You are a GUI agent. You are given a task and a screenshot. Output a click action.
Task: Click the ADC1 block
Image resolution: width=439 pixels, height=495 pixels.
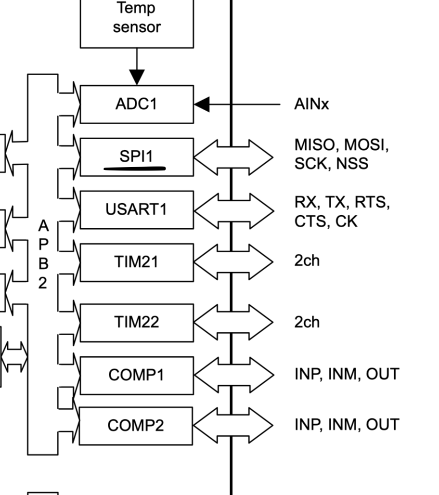[137, 104]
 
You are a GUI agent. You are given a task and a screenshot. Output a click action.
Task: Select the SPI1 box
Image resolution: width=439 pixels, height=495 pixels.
[137, 156]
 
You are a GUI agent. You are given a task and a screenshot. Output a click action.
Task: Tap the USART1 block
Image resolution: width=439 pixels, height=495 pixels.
[137, 209]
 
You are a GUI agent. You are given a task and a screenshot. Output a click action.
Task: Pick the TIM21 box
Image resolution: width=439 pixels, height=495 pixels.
[137, 262]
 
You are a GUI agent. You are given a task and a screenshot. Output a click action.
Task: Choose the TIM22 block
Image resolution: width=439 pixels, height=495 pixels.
[137, 323]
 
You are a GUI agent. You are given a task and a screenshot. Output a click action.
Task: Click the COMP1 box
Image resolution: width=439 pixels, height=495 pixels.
[137, 375]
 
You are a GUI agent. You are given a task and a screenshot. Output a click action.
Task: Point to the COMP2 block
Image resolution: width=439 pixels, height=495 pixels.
[137, 426]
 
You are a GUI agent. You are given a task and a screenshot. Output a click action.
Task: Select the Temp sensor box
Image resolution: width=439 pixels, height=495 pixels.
[137, 19]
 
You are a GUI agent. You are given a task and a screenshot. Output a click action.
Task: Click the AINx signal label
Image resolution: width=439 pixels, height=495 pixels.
[311, 104]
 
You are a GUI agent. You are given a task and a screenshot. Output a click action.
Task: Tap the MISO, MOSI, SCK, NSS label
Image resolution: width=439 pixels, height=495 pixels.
[341, 154]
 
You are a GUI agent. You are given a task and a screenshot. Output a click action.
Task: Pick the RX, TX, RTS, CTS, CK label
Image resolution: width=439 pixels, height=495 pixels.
[342, 212]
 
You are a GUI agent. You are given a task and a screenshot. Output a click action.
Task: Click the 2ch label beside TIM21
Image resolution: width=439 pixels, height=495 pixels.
[307, 261]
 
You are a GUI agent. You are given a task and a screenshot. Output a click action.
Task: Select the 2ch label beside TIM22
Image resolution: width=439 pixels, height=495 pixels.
[307, 322]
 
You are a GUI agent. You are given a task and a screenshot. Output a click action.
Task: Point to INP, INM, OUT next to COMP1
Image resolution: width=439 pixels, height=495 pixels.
[347, 374]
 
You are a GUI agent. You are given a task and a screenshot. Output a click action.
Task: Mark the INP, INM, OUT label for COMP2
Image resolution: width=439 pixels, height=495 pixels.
[347, 425]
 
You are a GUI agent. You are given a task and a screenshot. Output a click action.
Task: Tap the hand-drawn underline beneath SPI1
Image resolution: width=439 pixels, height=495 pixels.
[135, 169]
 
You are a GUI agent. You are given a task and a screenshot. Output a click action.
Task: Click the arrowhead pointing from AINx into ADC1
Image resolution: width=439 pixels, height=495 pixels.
[202, 104]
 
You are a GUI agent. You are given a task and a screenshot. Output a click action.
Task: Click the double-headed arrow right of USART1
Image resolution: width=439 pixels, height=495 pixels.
[233, 209]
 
